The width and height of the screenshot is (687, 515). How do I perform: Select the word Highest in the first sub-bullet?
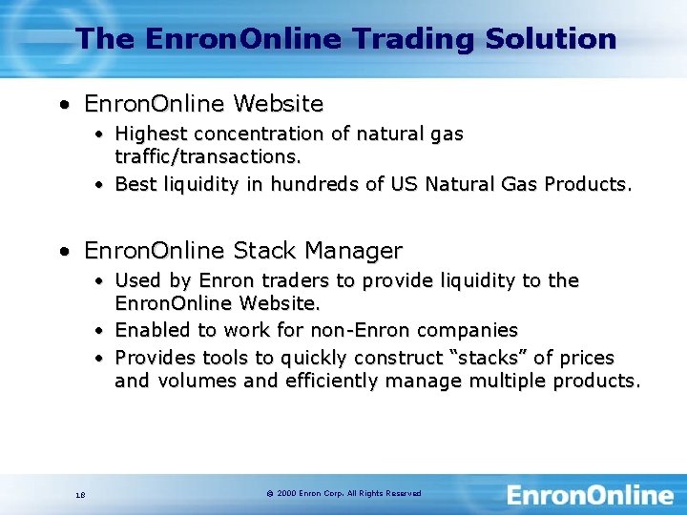coord(151,134)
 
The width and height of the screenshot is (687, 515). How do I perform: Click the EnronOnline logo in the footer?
coord(589,495)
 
